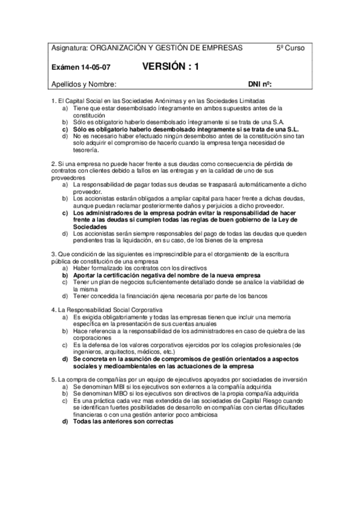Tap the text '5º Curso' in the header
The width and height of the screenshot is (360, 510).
click(290, 48)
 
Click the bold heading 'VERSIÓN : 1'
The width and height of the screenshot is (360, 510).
click(171, 67)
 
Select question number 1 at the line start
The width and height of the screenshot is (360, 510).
click(54, 100)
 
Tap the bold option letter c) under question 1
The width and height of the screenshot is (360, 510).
click(65, 129)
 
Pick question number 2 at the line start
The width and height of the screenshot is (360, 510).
click(54, 163)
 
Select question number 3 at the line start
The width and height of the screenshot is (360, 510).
click(54, 254)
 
